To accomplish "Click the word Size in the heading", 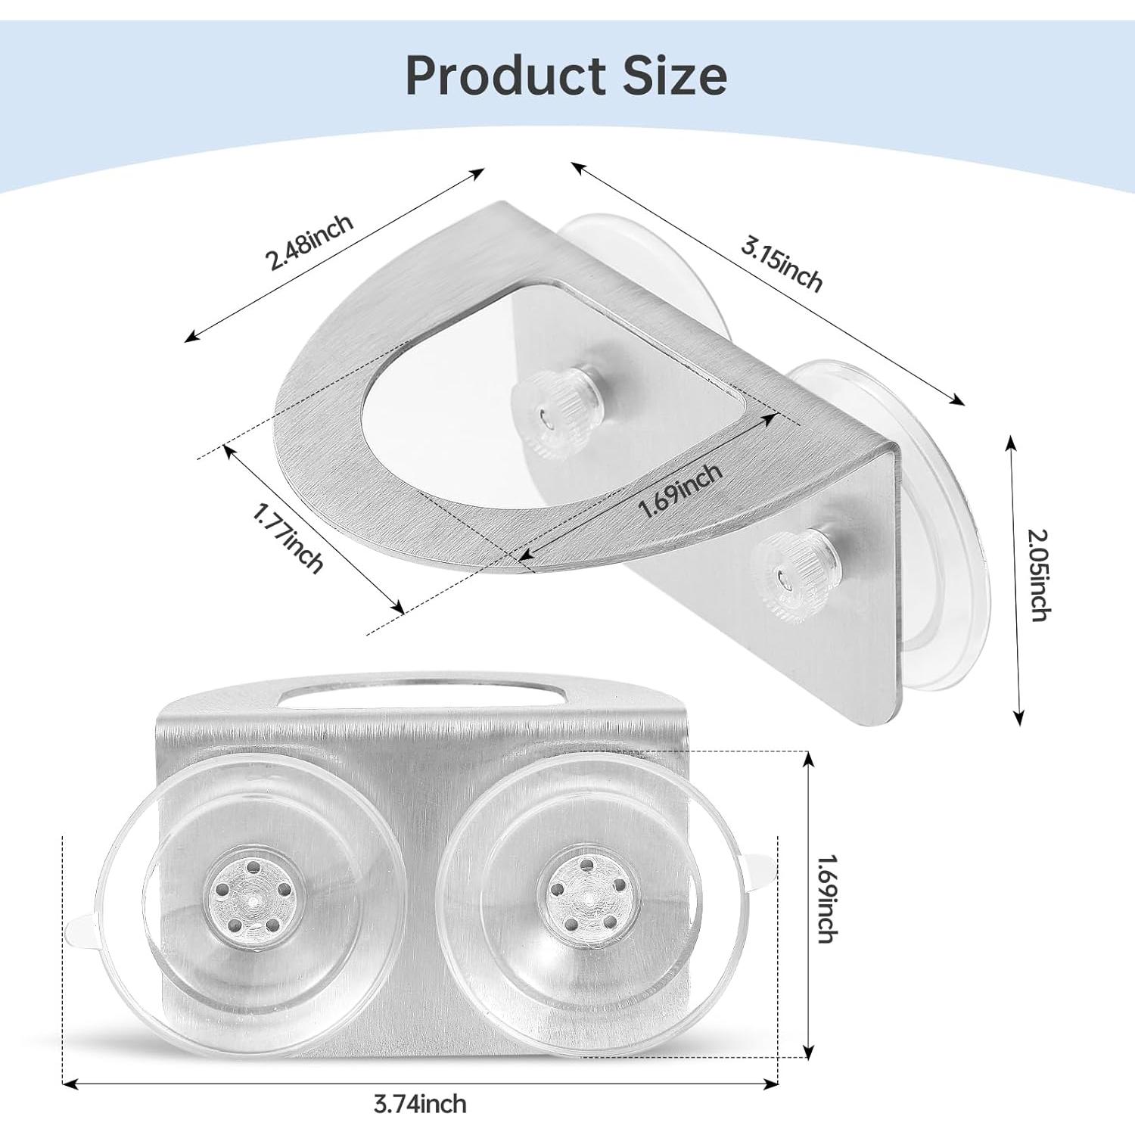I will (675, 76).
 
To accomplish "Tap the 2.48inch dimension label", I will (309, 242).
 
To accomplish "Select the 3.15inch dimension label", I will (781, 264).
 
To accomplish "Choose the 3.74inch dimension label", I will (420, 1104).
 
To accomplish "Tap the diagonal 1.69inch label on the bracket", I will (680, 491).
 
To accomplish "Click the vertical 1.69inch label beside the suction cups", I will (827, 898).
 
